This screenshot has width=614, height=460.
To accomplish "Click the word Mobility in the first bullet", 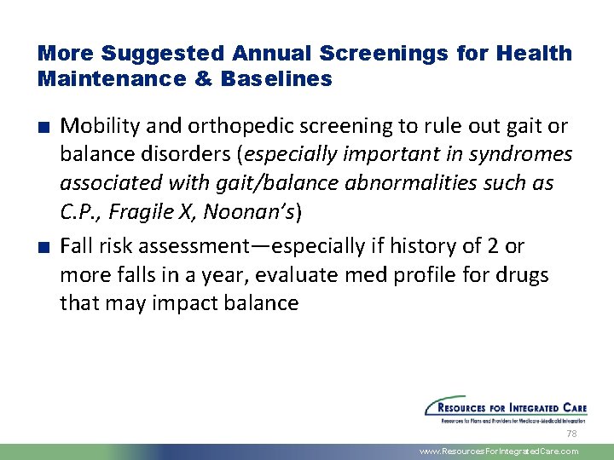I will pyautogui.click(x=96, y=127).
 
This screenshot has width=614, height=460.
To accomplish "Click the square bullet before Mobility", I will pyautogui.click(x=42, y=128).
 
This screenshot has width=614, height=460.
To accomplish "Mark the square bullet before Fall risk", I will pyautogui.click(x=42, y=247).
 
